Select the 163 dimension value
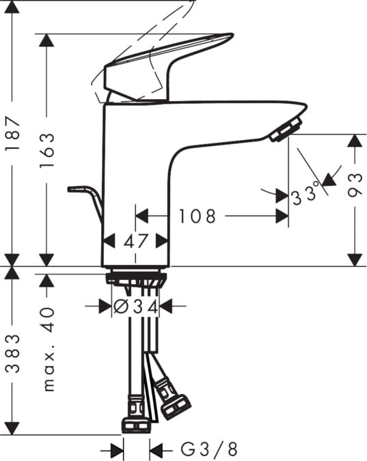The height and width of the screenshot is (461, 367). (x=47, y=150)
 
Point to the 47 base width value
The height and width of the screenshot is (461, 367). (x=135, y=240)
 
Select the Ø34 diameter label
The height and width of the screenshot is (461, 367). (x=136, y=307)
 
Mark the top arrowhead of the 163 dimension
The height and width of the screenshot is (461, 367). (x=47, y=40)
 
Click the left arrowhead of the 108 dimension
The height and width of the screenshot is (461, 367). (x=141, y=216)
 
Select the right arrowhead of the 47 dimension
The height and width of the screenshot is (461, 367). (x=163, y=240)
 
